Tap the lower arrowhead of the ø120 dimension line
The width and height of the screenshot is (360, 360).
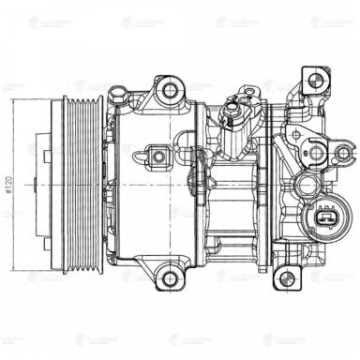(12, 270)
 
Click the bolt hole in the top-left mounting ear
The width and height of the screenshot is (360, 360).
(171, 90)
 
